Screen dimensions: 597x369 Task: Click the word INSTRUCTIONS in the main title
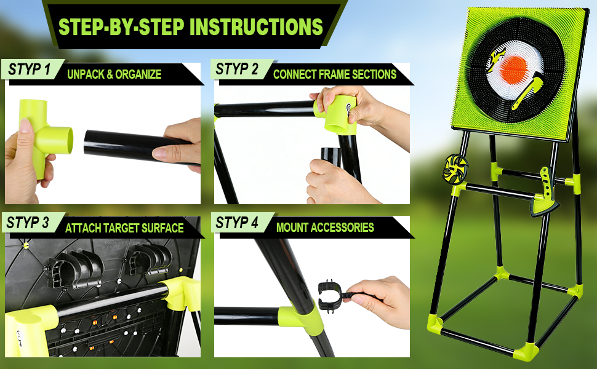point(256,26)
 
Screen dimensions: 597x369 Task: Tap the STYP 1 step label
point(30,69)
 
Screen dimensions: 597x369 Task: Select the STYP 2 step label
point(237,69)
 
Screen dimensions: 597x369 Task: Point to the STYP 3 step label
point(28,223)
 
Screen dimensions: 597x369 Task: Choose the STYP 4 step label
point(237,223)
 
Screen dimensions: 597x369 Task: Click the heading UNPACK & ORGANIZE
point(114,74)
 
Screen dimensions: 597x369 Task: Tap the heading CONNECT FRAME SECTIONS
point(335,74)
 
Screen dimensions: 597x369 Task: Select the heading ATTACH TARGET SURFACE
point(124,228)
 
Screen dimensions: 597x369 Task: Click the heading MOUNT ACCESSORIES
point(325,228)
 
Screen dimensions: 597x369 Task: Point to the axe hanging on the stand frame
point(545,194)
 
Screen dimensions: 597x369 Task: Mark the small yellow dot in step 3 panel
point(26,245)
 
